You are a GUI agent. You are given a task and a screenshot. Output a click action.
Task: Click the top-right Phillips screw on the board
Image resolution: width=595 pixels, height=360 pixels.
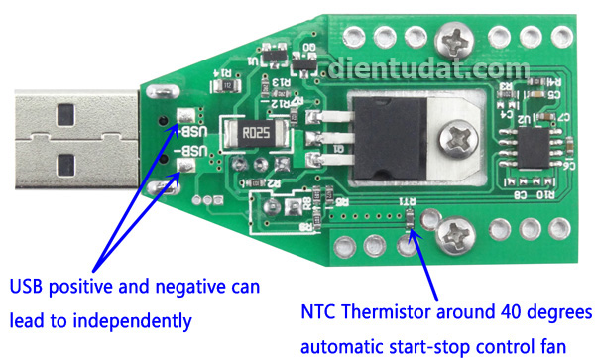pyautogui.click(x=459, y=42)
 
